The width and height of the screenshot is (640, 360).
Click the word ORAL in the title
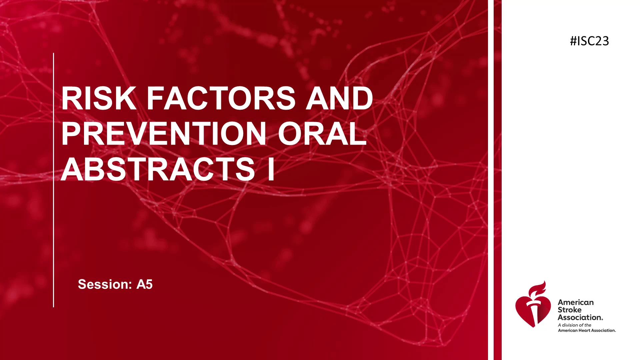tap(322, 134)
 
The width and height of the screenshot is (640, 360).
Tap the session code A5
tap(145, 284)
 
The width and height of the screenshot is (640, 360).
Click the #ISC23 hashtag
tap(589, 41)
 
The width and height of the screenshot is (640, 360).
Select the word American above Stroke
tap(576, 302)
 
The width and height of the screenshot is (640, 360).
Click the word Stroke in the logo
tap(570, 310)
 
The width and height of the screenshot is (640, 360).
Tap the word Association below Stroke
tap(580, 317)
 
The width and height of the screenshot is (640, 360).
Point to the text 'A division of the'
tap(575, 325)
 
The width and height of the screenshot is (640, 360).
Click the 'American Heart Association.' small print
tap(587, 330)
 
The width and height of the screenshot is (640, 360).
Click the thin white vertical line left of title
tap(53, 180)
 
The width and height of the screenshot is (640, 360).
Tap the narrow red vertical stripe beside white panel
tap(497, 180)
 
